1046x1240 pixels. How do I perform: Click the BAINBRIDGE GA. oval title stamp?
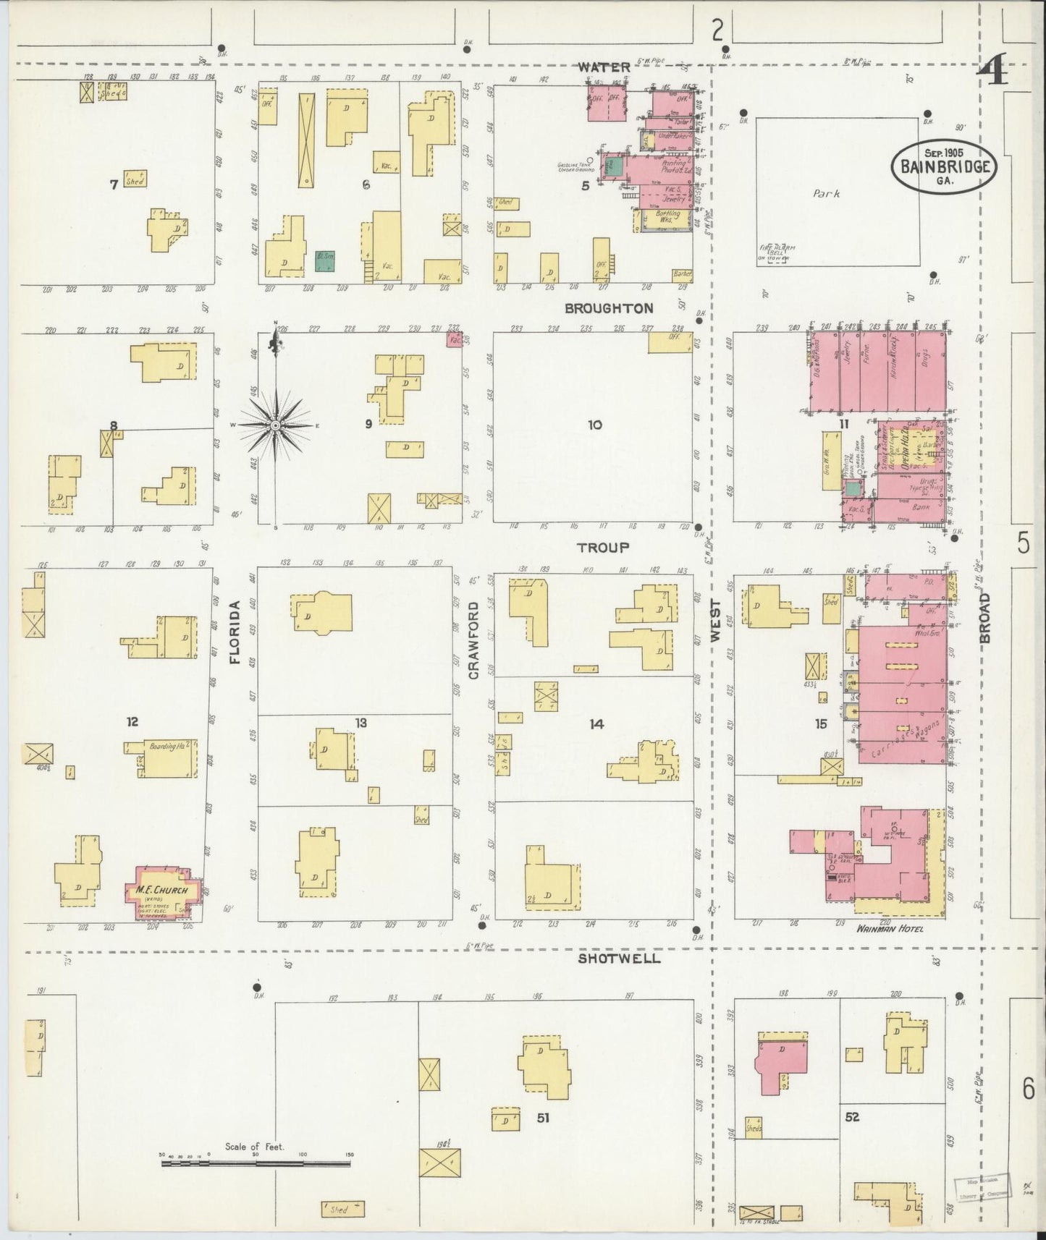point(944,166)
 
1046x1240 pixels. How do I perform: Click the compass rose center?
point(275,426)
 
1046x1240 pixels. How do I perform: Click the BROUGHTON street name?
point(609,308)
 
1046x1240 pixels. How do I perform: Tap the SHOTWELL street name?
point(619,958)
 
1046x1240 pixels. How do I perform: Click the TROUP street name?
point(603,548)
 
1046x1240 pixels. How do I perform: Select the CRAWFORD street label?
point(474,640)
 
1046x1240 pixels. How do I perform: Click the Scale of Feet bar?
point(257,1163)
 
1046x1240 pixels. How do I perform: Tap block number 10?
point(594,425)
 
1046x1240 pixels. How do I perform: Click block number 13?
point(361,723)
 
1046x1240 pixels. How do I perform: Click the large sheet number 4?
point(991,73)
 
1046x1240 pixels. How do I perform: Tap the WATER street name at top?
point(603,67)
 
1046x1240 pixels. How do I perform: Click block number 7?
point(114,185)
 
